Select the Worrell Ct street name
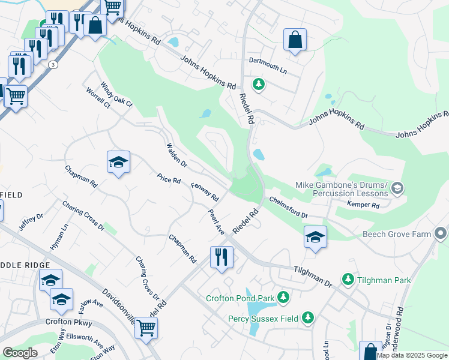[x=98, y=98]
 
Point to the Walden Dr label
[x=176, y=155]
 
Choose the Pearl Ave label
[x=216, y=222]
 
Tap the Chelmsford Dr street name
[x=288, y=207]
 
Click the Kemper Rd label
[x=364, y=205]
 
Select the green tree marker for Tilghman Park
[x=348, y=279]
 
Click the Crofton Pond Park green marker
[x=283, y=297]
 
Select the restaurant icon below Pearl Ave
[x=221, y=257]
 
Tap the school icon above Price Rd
[x=118, y=161]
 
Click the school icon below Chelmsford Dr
[x=315, y=236]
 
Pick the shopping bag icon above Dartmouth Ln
[x=294, y=40]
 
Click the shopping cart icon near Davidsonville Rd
[x=146, y=328]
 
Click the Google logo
[x=20, y=353]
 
